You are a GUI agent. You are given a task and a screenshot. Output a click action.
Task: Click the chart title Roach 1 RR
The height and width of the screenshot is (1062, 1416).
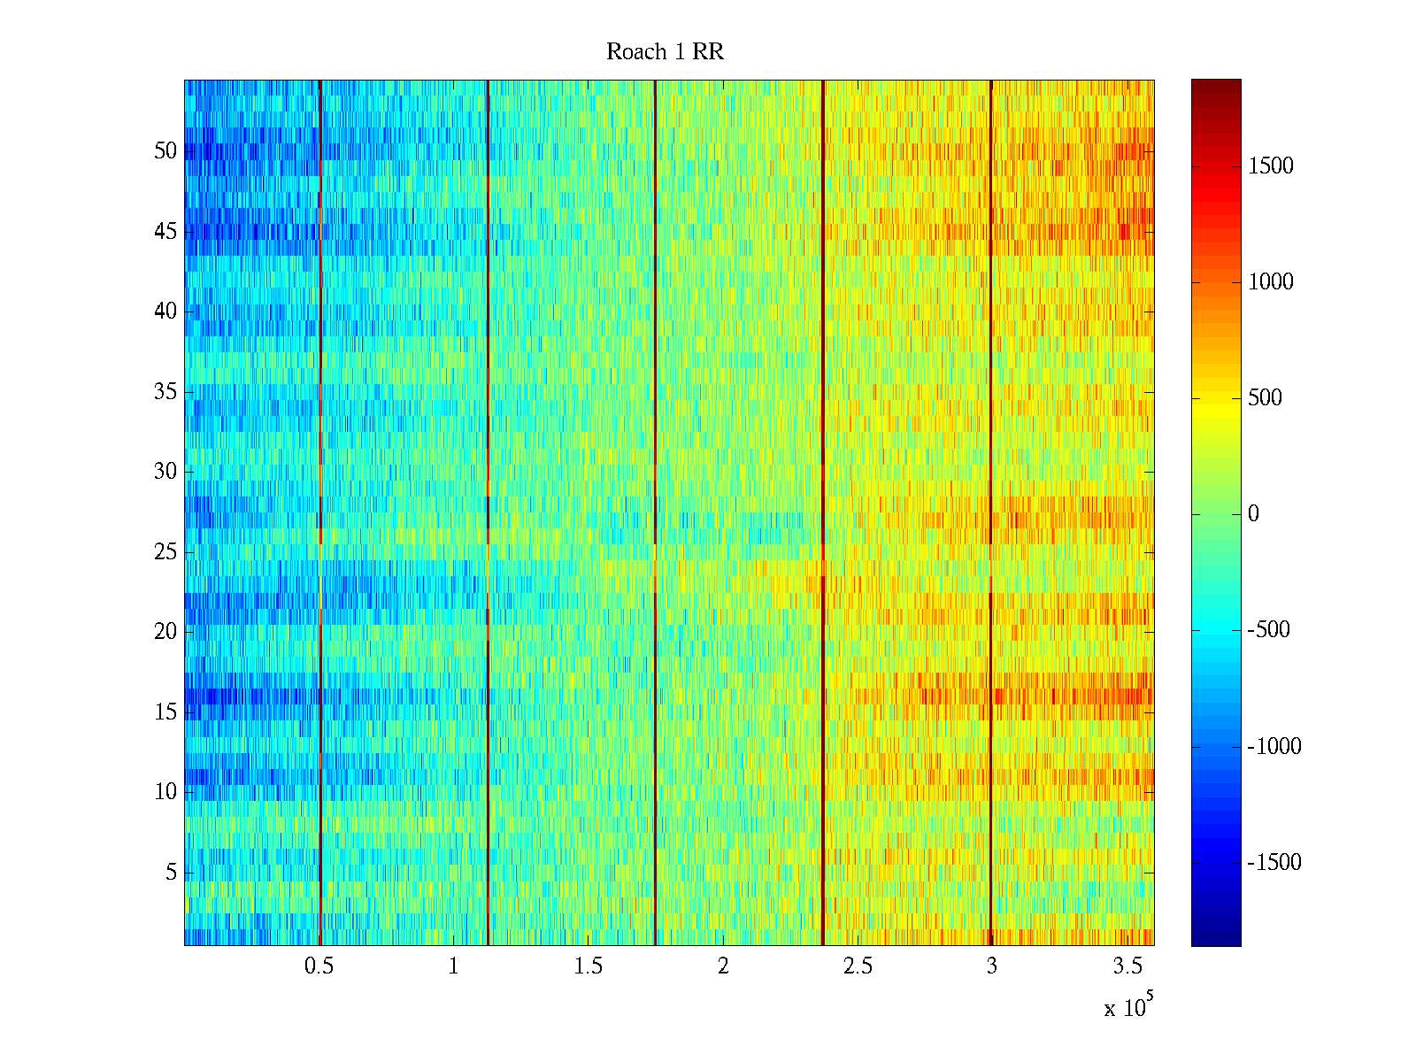click(x=665, y=52)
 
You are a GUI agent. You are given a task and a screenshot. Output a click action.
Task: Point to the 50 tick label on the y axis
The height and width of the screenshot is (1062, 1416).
click(x=165, y=151)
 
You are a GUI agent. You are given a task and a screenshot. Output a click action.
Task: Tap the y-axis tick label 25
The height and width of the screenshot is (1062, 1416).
click(x=165, y=552)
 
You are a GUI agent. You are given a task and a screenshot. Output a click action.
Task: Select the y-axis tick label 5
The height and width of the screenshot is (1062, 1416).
click(x=171, y=873)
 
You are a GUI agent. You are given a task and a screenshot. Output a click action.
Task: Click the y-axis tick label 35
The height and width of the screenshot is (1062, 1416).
click(x=165, y=392)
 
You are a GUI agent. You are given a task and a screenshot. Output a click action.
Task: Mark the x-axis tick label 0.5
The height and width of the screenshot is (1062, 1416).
click(x=319, y=966)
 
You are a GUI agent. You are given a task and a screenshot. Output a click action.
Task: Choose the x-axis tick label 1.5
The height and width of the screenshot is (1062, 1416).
click(x=588, y=966)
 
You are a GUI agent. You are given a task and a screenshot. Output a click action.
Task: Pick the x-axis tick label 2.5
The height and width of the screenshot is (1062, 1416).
click(x=857, y=966)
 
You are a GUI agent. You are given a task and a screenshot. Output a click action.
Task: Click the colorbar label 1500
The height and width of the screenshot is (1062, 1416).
click(x=1270, y=166)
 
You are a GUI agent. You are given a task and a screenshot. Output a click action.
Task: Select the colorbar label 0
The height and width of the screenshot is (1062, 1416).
click(x=1253, y=514)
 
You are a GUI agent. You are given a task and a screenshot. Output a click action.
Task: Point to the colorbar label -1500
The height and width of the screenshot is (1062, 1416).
click(x=1274, y=863)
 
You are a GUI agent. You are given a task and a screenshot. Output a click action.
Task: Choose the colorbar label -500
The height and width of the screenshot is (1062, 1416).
click(x=1268, y=630)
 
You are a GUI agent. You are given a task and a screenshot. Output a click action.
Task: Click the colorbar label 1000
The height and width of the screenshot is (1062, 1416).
click(x=1270, y=282)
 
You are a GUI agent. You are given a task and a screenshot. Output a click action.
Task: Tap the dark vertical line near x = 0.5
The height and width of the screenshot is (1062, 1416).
click(x=319, y=354)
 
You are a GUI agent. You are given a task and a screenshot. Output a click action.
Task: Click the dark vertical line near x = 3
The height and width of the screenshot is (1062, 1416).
click(x=991, y=354)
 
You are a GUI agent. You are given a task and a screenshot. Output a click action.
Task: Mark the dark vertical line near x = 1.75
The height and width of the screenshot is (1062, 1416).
click(x=655, y=354)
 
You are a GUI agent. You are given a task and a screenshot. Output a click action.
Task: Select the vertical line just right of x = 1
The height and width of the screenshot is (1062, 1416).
click(x=488, y=354)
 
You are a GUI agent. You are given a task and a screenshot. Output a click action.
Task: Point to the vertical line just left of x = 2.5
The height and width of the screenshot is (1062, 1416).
click(x=823, y=354)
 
